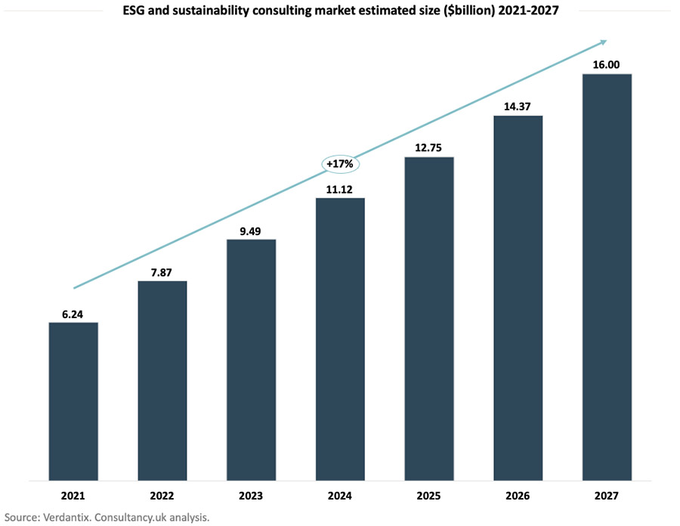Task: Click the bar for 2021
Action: (x=73, y=401)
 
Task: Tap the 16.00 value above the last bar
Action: (x=606, y=65)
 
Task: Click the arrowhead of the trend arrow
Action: (x=602, y=42)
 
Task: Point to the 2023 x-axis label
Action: (x=251, y=497)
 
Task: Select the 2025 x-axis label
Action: (x=429, y=497)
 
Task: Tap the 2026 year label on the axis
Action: (x=518, y=497)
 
